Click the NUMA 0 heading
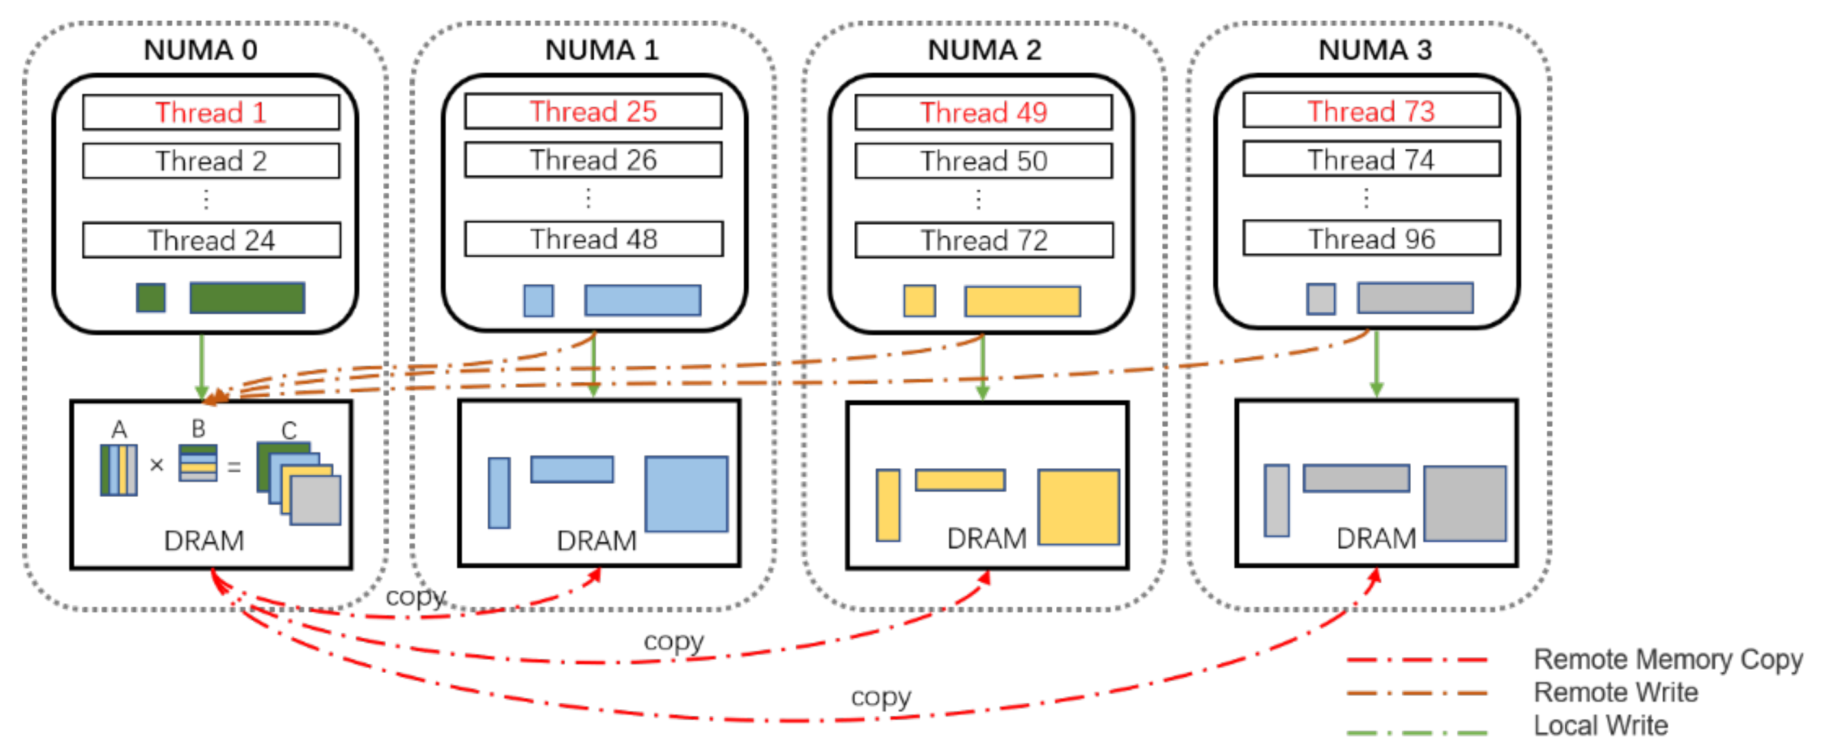[x=200, y=50]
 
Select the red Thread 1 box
[x=210, y=112]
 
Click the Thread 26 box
[x=592, y=160]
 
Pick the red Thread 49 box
[x=983, y=112]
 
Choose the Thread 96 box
[x=1371, y=239]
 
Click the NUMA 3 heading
[x=1374, y=50]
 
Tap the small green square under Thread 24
[x=151, y=298]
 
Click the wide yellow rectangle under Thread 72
[x=1022, y=301]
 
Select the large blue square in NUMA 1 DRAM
[x=685, y=494]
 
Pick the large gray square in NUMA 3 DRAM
[x=1464, y=504]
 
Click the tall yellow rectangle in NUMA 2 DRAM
[x=887, y=505]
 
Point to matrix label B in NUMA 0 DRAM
[x=198, y=429]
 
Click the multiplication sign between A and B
[x=157, y=465]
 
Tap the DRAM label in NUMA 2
[x=986, y=539]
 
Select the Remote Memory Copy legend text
[x=1667, y=660]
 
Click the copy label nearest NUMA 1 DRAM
[x=416, y=597]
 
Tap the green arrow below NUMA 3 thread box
[x=1376, y=362]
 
